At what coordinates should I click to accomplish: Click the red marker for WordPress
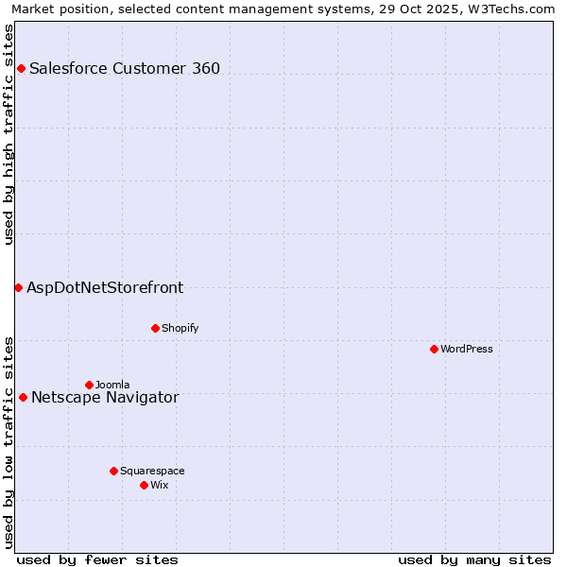434,349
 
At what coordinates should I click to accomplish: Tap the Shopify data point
155,328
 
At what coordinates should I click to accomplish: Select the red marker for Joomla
89,385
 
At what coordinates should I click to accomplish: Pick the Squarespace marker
113,471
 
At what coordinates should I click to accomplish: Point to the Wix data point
144,485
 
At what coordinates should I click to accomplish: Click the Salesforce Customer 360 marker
21,68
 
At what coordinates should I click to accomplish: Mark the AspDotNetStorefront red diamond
18,287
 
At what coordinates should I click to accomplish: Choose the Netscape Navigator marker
23,397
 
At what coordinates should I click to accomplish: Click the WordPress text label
467,349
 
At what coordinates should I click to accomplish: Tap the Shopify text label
180,328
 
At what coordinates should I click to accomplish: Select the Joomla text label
112,385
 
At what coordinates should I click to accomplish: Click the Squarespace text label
152,471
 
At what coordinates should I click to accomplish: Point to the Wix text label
160,485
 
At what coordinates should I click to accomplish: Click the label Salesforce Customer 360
125,68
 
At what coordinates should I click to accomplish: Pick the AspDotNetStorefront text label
105,287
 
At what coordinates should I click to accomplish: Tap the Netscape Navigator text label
105,397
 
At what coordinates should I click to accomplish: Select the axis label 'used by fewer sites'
97,559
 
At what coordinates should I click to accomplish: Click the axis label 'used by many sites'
474,559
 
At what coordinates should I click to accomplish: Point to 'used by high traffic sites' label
9,134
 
